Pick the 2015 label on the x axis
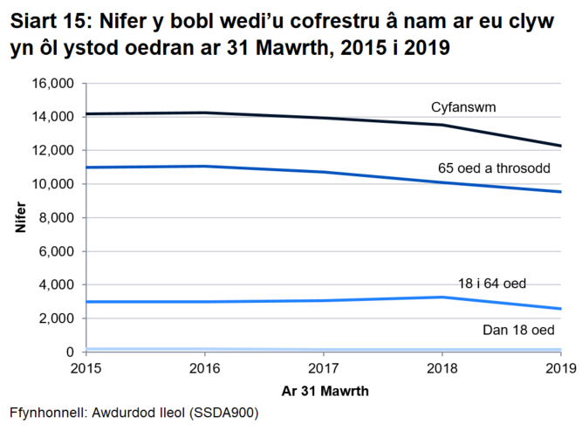click(86, 368)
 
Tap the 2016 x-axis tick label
click(204, 368)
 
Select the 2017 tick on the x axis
click(323, 368)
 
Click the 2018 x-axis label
click(442, 368)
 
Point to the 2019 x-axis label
click(559, 368)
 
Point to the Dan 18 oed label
click(518, 330)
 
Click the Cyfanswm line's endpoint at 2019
click(560, 146)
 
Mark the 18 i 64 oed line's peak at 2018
click(442, 298)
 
